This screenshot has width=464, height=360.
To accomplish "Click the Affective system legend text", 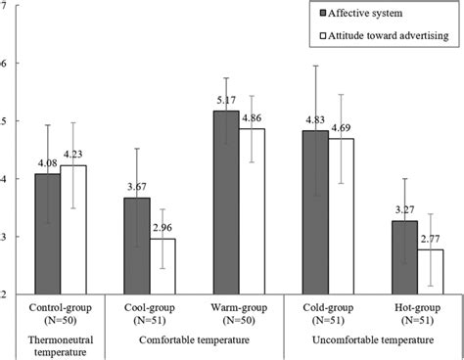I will click(x=379, y=15).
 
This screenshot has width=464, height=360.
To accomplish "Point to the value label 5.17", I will click(x=226, y=101).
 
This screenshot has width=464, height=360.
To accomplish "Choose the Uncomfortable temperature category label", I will click(x=361, y=339).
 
